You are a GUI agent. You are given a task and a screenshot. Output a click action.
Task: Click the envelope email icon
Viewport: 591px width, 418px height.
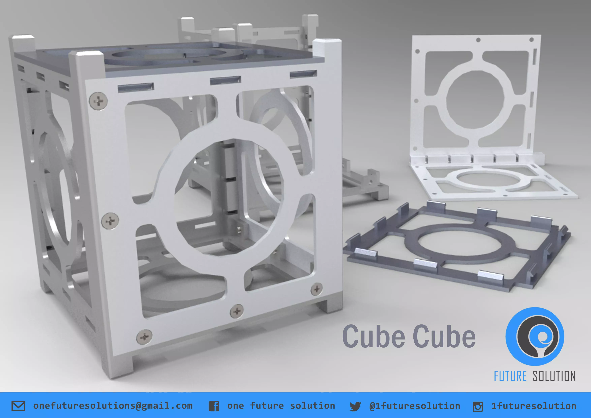[18, 406]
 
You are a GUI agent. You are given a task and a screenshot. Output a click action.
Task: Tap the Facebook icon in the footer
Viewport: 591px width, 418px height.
[214, 406]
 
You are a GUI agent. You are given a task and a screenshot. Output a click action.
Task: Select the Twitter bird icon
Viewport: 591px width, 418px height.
[355, 406]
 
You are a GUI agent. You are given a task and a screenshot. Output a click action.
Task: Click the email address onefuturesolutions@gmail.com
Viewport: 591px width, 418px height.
[113, 406]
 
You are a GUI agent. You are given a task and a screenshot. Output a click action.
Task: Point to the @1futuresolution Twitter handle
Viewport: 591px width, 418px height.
[414, 406]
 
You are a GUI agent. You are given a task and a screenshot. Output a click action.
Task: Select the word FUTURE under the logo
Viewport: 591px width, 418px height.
[510, 376]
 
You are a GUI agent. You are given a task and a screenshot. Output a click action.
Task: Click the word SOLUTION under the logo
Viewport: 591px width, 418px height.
[554, 376]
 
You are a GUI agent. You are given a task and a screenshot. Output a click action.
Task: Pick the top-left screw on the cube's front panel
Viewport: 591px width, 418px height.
[98, 101]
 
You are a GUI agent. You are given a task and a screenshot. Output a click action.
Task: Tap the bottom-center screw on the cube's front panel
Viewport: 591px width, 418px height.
[237, 311]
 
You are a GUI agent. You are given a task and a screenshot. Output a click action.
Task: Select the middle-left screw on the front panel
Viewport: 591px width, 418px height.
[110, 221]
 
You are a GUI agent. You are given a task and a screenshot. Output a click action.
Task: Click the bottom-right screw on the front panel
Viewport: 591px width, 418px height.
[317, 289]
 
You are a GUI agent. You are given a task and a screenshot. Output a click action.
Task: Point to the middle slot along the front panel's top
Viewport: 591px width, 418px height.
[225, 80]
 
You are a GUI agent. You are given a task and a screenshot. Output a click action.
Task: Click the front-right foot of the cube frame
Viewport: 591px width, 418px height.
[331, 305]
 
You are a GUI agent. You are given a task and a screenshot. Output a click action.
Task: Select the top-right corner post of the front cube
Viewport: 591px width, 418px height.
[327, 48]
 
